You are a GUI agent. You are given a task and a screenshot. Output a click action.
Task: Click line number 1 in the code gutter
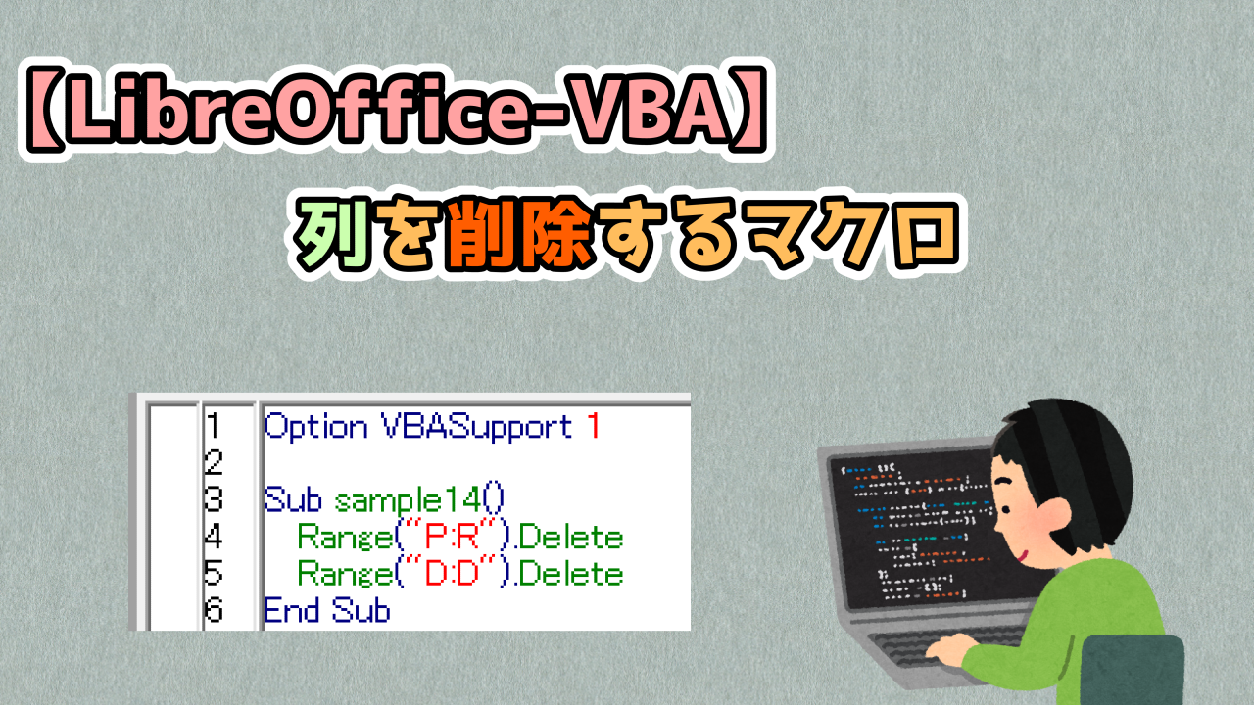coord(214,427)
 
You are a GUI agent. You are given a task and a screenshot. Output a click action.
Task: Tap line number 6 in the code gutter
coord(214,611)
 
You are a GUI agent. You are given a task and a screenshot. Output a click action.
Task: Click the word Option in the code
coord(313,427)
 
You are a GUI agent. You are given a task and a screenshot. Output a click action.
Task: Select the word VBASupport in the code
coord(475,427)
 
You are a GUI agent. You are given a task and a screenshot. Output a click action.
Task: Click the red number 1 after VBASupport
coord(591,427)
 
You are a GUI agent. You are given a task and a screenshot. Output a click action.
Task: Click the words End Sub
coord(326,611)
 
